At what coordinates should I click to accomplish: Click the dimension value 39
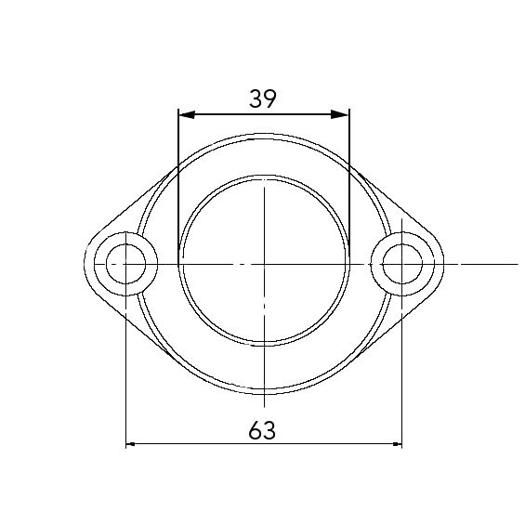[263, 98]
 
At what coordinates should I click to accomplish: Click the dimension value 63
[263, 429]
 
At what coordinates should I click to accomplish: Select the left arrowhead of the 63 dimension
[131, 444]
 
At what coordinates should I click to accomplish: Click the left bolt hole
[125, 264]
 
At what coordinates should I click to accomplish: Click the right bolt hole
[401, 264]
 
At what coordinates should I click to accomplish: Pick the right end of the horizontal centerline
[490, 264]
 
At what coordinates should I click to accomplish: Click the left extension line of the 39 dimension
[178, 186]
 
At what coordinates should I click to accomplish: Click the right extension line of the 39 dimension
[349, 186]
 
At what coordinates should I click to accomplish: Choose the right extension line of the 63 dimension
[401, 372]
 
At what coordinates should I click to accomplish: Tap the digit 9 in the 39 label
[271, 98]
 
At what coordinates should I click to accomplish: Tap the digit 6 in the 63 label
[256, 429]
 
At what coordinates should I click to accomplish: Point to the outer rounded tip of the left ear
[85, 264]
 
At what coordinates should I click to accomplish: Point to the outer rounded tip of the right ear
[442, 264]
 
